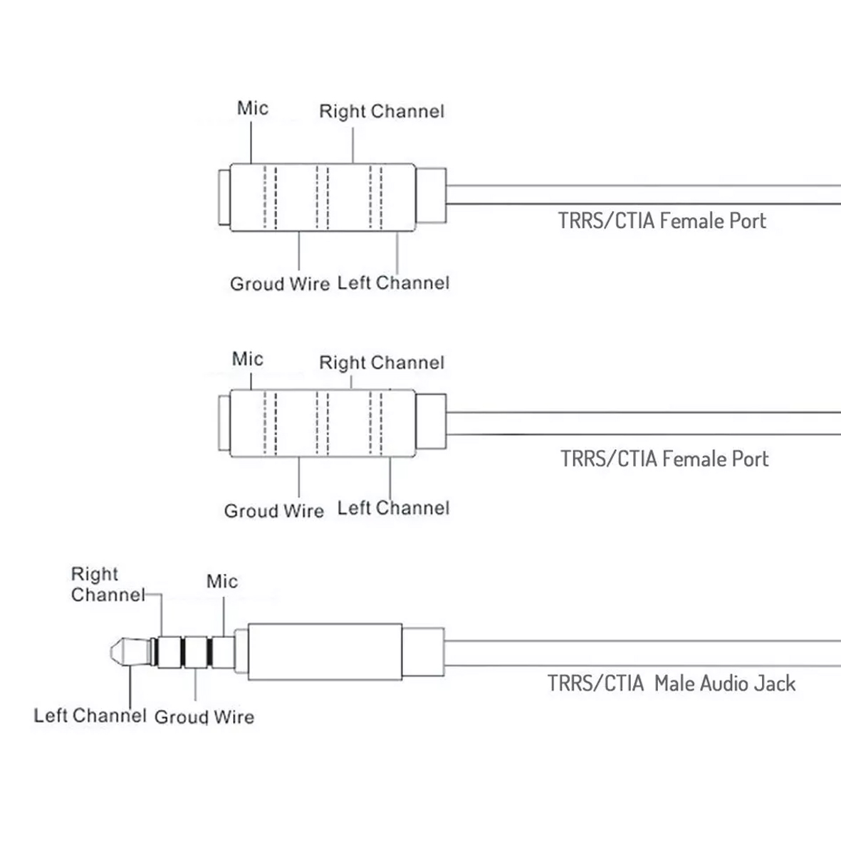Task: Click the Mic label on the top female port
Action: tap(253, 108)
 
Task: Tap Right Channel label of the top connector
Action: tap(382, 112)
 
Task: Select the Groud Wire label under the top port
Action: tap(280, 283)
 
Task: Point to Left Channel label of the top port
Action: tap(393, 283)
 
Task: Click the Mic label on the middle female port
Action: tap(247, 359)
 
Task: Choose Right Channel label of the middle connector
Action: tap(382, 362)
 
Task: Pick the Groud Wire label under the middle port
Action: tap(274, 511)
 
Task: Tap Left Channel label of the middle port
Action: tap(393, 508)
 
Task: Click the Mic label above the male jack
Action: tap(222, 581)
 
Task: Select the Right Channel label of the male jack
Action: tap(108, 585)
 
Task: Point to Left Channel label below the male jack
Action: tap(90, 716)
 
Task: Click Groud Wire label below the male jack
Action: tap(204, 717)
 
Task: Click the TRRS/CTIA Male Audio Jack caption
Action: tap(672, 684)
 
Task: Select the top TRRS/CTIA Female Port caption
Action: tap(662, 221)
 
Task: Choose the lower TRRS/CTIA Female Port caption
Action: tap(664, 459)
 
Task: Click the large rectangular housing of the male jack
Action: tap(325, 652)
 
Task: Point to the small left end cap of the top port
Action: tap(224, 197)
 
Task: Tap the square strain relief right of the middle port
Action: tap(431, 422)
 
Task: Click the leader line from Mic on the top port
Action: tap(251, 142)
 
